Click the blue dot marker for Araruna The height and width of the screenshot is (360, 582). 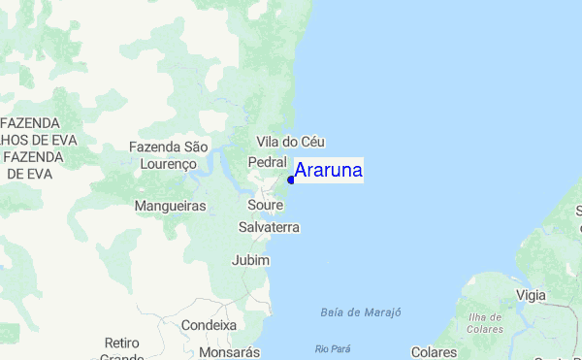click(291, 180)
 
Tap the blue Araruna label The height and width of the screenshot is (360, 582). click(329, 171)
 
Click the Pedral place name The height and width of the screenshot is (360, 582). click(267, 161)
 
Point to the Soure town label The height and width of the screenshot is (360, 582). click(265, 206)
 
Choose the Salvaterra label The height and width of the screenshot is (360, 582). click(269, 227)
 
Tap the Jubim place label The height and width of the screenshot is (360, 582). click(250, 260)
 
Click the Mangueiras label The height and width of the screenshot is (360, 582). click(170, 207)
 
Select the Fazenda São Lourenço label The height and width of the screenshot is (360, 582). click(169, 155)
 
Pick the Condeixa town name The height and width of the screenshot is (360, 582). click(209, 325)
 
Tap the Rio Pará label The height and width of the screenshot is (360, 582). click(331, 348)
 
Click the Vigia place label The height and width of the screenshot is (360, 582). click(531, 294)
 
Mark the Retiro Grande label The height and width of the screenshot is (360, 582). click(122, 349)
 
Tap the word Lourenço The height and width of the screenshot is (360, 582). click(169, 164)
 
